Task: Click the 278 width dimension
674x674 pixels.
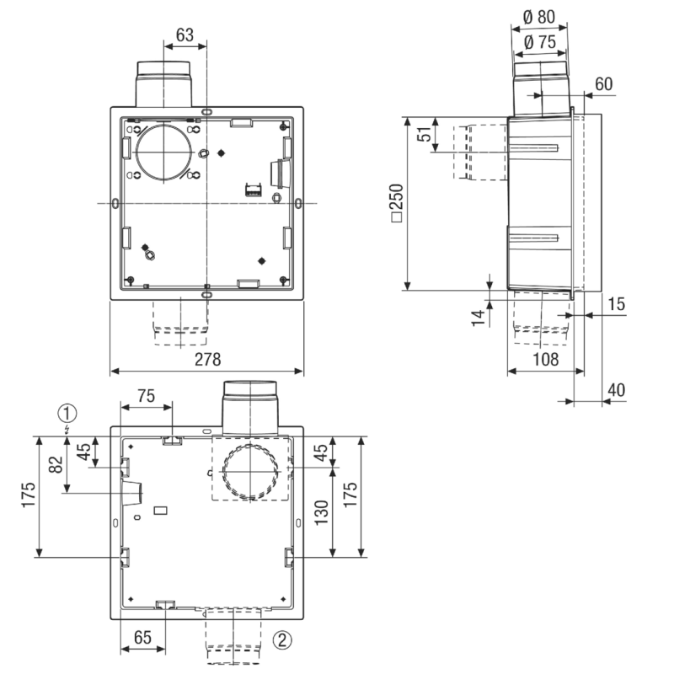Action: [x=207, y=360]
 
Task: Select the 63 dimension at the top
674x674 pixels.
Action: [x=185, y=35]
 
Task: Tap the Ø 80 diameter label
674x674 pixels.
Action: [x=539, y=17]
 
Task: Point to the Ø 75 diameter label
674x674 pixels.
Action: [x=540, y=42]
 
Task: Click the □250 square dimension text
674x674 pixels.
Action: [x=397, y=203]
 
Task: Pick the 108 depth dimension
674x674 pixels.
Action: [x=545, y=360]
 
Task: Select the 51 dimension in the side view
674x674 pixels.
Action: [x=425, y=134]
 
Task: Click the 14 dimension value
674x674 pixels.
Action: [x=478, y=318]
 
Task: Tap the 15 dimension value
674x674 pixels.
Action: [x=616, y=304]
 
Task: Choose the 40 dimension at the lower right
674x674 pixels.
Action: [x=616, y=390]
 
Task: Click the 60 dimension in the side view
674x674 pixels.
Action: [x=603, y=84]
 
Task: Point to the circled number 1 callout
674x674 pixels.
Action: [x=67, y=414]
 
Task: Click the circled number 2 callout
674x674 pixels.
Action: [x=282, y=640]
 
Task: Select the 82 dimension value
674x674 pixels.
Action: [x=56, y=464]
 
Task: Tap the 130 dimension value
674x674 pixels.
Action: [x=322, y=512]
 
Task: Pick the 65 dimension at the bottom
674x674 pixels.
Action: [x=142, y=638]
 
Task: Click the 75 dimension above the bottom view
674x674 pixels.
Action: [x=146, y=396]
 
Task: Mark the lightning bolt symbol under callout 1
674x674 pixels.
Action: [x=67, y=430]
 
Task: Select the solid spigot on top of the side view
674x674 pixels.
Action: [x=541, y=89]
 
